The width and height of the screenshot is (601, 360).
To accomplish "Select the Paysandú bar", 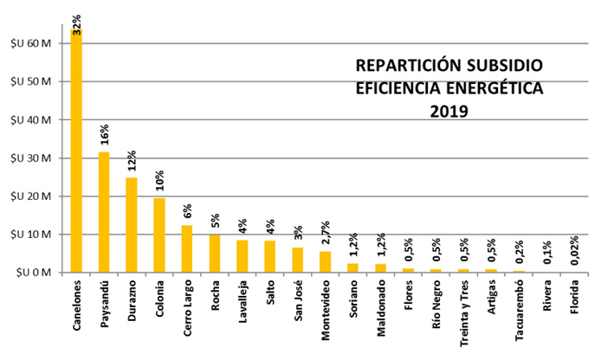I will coord(104,212).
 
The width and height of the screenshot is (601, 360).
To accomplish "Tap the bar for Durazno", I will coord(132,225).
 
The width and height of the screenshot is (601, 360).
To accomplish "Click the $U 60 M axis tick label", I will coord(31,43).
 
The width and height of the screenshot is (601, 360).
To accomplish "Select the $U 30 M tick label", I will coord(31,158).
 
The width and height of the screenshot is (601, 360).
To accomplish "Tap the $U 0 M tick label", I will coord(34,273).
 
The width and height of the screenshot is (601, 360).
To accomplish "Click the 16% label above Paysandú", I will coord(104,136).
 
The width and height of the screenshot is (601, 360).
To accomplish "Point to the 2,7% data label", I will coord(326,232).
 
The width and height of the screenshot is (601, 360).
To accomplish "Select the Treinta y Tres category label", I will coord(464,318).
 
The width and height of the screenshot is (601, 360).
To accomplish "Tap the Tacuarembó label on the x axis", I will coord(520,316).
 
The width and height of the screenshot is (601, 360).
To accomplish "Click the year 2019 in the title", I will coord(448,111).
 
